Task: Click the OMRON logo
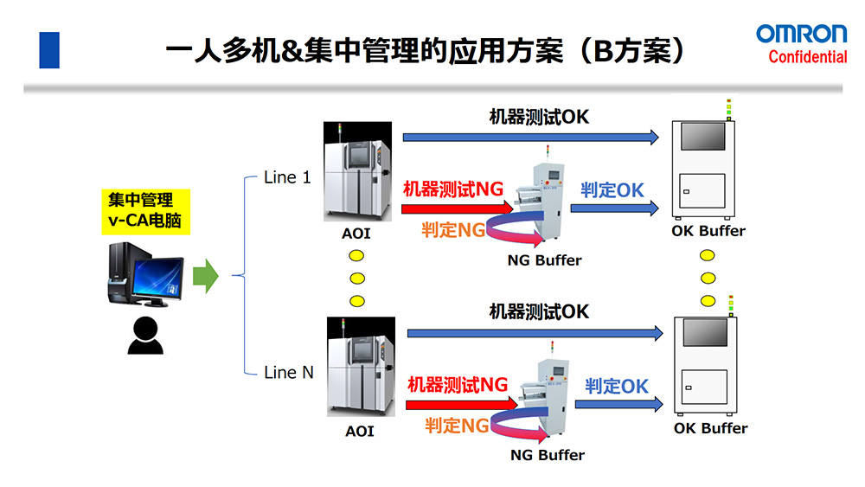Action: pos(802,34)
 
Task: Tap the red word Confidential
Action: pos(808,57)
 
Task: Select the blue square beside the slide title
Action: pos(49,50)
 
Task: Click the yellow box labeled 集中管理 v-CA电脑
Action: pos(140,210)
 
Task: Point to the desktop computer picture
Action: pos(144,274)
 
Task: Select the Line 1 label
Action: pos(286,178)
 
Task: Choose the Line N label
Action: pos(288,373)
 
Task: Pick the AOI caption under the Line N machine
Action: pos(360,430)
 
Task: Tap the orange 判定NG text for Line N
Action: pos(457,425)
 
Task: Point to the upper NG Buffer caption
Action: pos(545,260)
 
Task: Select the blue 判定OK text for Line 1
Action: pos(612,189)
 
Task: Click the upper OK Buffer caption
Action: pos(708,231)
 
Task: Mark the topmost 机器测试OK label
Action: pos(539,117)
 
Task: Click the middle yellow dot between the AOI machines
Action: pos(356,279)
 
